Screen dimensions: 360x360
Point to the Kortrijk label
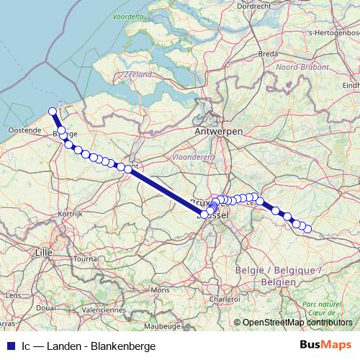pos(71,215)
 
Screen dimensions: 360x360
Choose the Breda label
pos(268,54)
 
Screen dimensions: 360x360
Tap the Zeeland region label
pos(138,74)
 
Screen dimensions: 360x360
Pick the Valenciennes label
pos(103,310)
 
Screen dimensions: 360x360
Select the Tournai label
pos(86,258)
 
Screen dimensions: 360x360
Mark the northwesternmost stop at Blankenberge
pos(52,111)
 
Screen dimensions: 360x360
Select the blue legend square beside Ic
pos(10,346)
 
